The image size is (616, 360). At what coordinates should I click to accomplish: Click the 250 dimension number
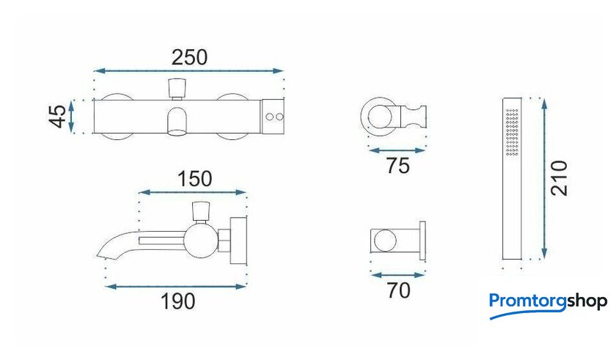pos(189,58)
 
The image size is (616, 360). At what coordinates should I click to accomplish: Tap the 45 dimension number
pos(59,116)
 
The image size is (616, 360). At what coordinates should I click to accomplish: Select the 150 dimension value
pos(195,179)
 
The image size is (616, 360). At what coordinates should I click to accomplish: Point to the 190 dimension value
pos(178,301)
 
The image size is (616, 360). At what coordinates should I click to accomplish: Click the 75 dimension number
pos(398,166)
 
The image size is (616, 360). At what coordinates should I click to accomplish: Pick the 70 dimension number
pos(398,291)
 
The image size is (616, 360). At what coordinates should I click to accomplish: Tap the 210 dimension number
pos(560,178)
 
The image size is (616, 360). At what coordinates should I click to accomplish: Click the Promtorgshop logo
pos(548,306)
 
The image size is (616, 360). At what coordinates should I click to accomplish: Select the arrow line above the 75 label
pos(397,150)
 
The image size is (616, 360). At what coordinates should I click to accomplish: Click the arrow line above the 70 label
pos(398,275)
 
